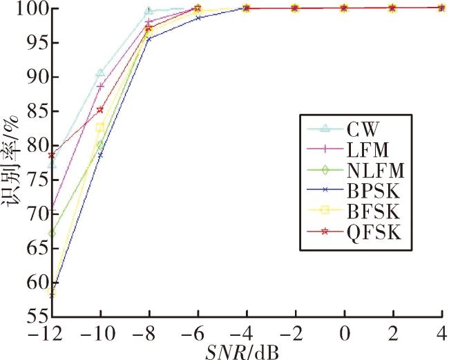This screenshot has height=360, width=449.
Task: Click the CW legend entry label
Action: (x=363, y=129)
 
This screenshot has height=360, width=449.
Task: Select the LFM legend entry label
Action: (x=368, y=150)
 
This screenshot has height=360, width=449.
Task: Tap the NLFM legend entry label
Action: (x=375, y=171)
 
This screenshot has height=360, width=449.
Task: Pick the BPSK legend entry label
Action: (x=373, y=191)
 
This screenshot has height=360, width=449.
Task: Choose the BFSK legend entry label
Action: (x=373, y=211)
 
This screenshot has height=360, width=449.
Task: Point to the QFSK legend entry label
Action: (x=374, y=233)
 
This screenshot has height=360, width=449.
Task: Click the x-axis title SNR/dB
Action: (x=242, y=353)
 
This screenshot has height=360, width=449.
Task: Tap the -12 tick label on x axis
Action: (x=46, y=334)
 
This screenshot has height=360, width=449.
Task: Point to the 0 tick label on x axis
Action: (x=345, y=334)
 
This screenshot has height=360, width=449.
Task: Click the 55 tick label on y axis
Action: (x=37, y=316)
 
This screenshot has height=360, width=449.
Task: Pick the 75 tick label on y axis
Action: (x=37, y=180)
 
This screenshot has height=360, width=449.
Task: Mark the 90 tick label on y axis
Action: (x=37, y=77)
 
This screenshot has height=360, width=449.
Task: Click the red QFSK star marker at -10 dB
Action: (x=100, y=110)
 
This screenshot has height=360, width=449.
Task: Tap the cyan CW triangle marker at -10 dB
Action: (x=101, y=73)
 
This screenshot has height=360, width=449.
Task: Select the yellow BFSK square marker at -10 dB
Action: (x=100, y=128)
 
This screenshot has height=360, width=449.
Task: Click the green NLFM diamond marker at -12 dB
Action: (x=52, y=233)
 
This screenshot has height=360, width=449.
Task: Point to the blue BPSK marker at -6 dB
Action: (x=198, y=18)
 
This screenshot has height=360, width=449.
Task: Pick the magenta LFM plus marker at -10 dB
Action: (x=101, y=86)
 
